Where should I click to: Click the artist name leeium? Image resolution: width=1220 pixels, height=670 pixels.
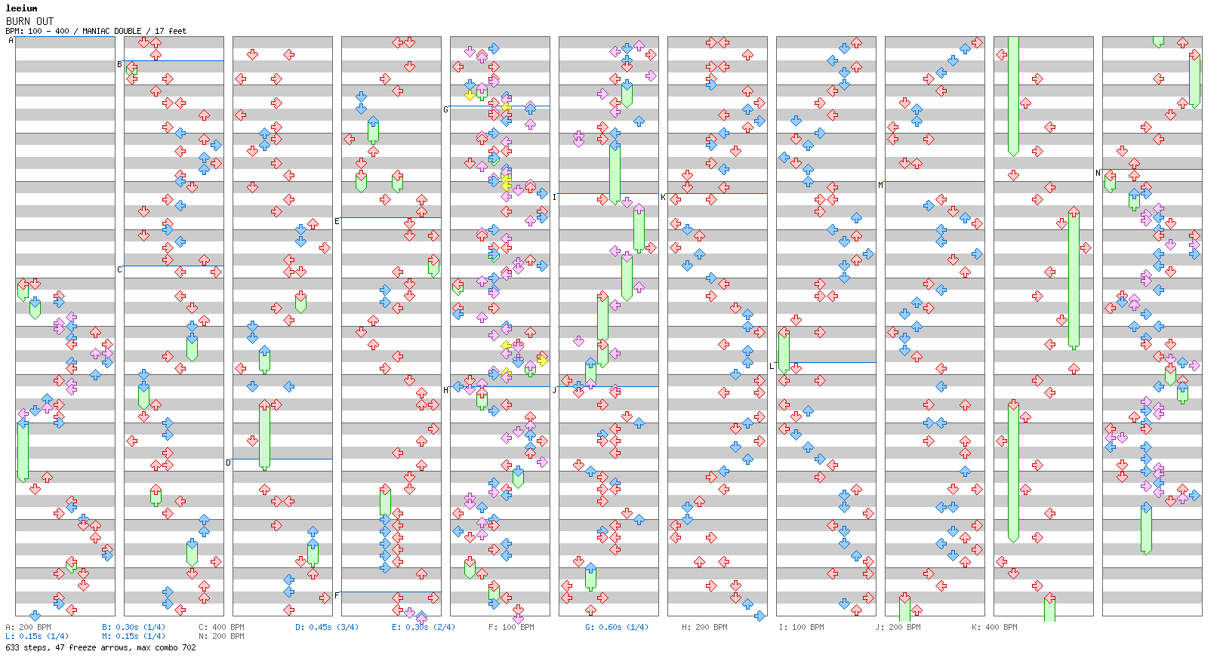pyautogui.click(x=21, y=8)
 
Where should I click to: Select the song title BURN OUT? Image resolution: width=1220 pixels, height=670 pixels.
pyautogui.click(x=30, y=21)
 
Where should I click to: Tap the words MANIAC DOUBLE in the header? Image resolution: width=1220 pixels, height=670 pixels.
pyautogui.click(x=112, y=31)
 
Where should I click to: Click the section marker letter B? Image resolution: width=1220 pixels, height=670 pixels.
pyautogui.click(x=119, y=65)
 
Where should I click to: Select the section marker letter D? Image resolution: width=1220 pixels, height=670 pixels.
pyautogui.click(x=228, y=463)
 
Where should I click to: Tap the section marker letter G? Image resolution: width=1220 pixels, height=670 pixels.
pyautogui.click(x=445, y=110)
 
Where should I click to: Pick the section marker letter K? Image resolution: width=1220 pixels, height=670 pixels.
pyautogui.click(x=663, y=198)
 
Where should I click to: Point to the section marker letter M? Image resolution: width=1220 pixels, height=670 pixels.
pyautogui.click(x=880, y=186)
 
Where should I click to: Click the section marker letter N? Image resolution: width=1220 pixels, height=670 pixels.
pyautogui.click(x=1098, y=174)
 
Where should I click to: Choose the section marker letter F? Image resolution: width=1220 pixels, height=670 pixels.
pyautogui.click(x=337, y=595)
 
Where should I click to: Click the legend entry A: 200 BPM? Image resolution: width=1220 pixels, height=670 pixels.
pyautogui.click(x=29, y=627)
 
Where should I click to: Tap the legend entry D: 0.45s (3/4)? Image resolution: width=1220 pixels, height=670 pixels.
pyautogui.click(x=327, y=627)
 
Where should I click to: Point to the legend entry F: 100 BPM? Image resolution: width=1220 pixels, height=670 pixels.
pyautogui.click(x=511, y=627)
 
